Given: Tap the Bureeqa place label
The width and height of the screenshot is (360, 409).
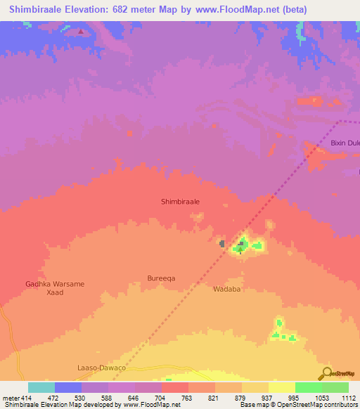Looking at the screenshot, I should click(161, 278).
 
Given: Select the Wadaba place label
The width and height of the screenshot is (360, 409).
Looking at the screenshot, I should click(227, 289).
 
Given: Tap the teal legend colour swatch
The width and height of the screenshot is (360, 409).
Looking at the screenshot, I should click(41, 387).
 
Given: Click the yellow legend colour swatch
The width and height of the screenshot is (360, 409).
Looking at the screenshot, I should click(281, 387).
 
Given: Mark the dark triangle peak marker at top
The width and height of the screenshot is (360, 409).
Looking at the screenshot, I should click(82, 32).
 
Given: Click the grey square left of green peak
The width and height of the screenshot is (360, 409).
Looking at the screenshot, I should click(222, 244).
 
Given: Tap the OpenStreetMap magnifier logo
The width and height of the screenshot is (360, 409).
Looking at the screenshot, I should click(326, 372).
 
